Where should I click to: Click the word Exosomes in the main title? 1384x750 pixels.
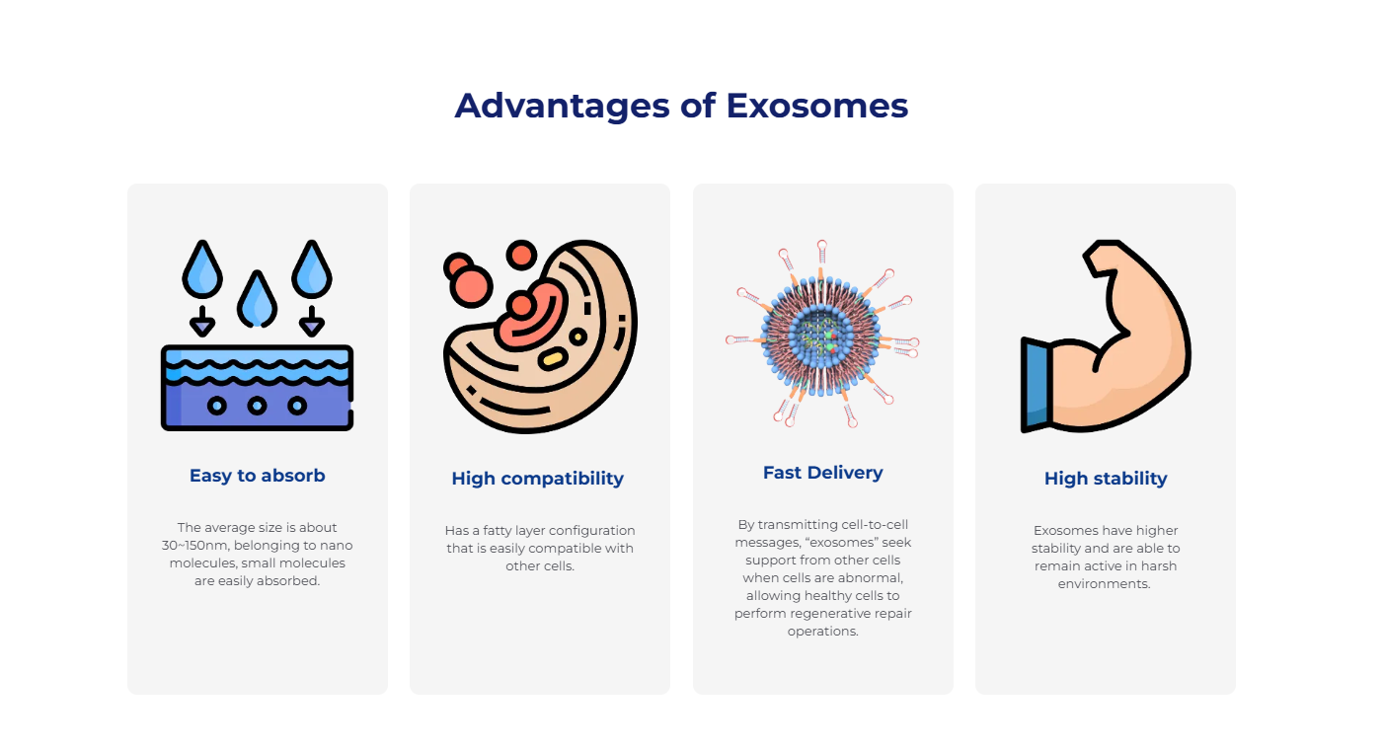[x=816, y=106]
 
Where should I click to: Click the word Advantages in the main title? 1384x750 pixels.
[x=563, y=107]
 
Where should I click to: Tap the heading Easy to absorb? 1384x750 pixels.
[x=257, y=475]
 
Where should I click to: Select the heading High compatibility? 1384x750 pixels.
[x=538, y=479]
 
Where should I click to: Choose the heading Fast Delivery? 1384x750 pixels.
[x=822, y=473]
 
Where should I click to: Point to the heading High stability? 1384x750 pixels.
[x=1106, y=479]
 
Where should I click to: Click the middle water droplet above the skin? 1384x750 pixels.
[x=257, y=300]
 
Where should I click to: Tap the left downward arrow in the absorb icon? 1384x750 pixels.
[x=202, y=321]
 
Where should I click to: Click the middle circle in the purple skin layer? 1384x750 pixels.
[x=257, y=406]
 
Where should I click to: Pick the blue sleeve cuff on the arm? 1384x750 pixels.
[x=1037, y=385]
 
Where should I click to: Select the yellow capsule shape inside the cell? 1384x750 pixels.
[x=553, y=358]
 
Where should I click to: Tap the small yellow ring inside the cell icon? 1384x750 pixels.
[x=578, y=337]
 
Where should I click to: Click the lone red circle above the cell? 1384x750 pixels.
[x=521, y=255]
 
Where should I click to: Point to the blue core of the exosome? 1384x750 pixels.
[x=821, y=337]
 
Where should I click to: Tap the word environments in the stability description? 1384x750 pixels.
[x=1104, y=584]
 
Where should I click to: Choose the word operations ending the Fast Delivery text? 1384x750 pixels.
[x=822, y=632]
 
